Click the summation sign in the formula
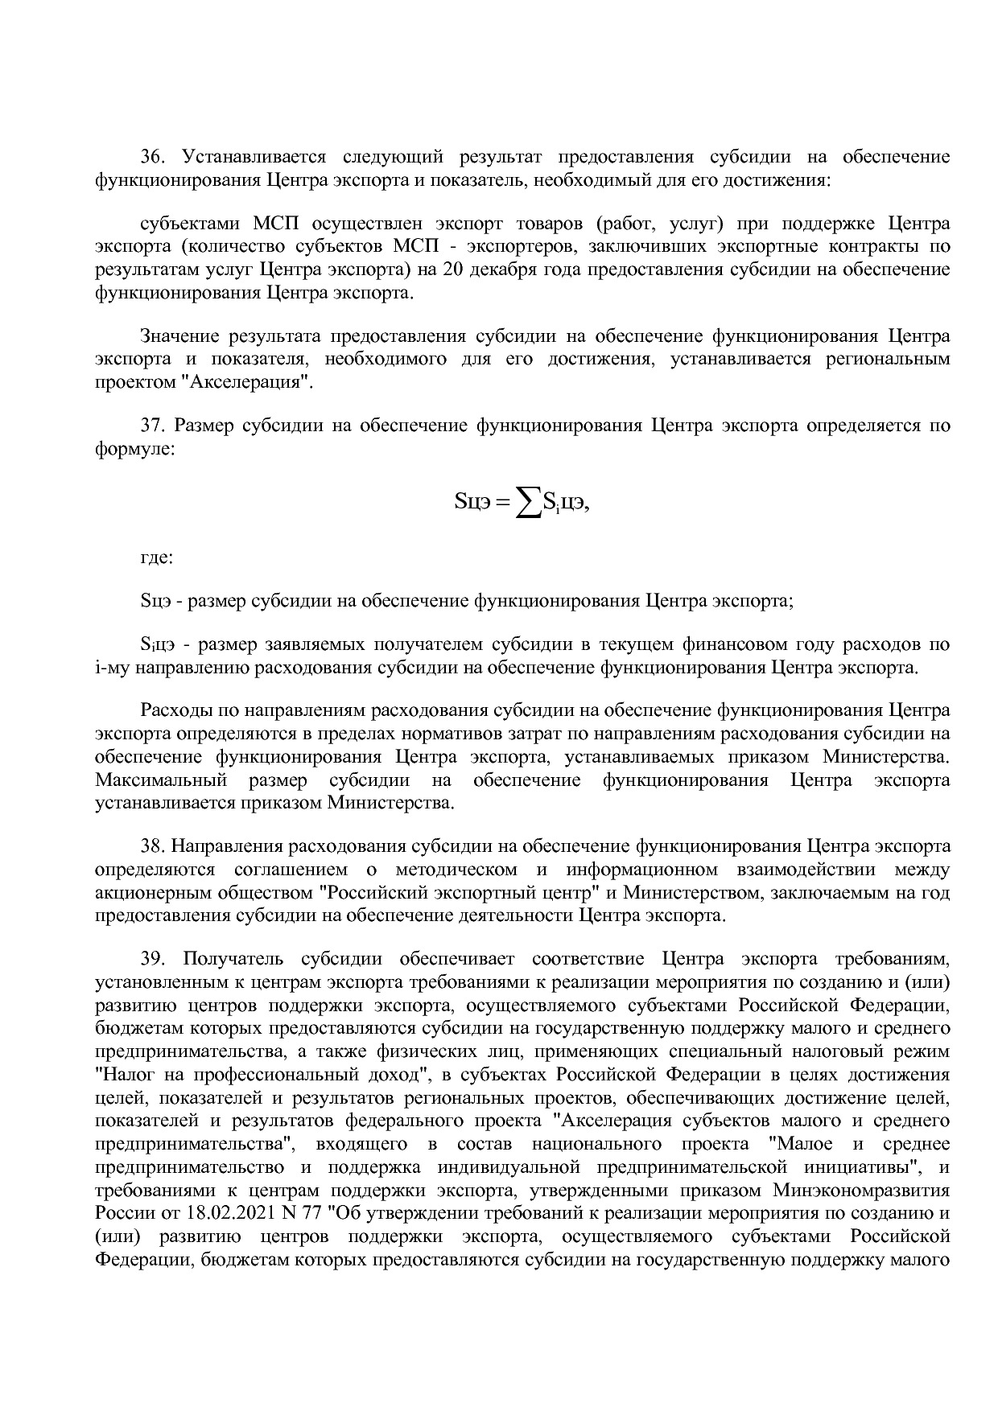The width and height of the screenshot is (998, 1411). pos(527,504)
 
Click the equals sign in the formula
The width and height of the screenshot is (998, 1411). pos(501,504)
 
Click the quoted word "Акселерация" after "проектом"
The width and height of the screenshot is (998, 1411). pos(250,381)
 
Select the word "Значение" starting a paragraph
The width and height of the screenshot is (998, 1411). pos(180,335)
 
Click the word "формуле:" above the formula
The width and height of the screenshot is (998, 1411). pos(134,449)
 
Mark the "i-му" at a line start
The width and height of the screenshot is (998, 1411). pos(112,668)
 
